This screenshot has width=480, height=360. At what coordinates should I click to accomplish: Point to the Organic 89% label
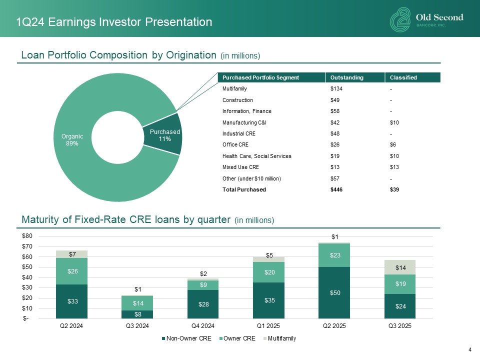coord(72,139)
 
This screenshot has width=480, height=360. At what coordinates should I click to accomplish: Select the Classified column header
coord(403,77)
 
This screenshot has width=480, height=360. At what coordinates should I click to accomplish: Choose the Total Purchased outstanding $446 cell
coord(337,189)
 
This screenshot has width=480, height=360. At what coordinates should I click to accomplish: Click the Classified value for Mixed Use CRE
coord(395,167)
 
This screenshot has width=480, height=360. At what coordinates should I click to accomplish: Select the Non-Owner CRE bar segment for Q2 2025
coord(335,292)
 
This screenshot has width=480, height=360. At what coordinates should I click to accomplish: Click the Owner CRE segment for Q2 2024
coord(72,271)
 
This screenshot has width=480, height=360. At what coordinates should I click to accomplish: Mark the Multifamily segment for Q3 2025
coord(400,267)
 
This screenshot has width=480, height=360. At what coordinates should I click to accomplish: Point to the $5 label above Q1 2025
coord(269,255)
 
